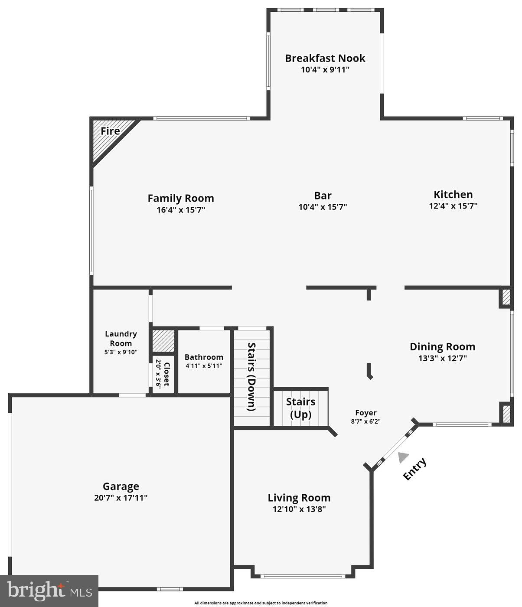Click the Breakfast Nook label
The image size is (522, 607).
pos(325,58)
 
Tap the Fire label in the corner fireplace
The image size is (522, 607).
pos(110,131)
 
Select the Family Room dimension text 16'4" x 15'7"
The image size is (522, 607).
pos(180,210)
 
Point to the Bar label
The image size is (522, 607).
pos(323,196)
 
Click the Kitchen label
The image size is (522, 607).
pos(453,194)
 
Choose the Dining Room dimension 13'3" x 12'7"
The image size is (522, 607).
pos(442,359)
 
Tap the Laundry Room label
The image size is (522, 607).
pos(121,338)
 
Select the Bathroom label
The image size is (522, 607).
pos(204,357)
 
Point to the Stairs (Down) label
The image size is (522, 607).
pos(251,376)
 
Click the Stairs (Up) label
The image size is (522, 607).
pos(300,408)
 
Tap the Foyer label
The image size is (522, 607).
pos(365,413)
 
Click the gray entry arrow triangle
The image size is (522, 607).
pos(403,457)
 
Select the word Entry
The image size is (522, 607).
pos(414,469)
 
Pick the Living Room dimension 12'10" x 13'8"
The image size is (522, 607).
pos(299,509)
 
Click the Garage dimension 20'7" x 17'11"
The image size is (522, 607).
pos(121,498)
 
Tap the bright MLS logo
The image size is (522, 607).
pos(49,591)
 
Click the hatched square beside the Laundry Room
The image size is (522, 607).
pos(163,341)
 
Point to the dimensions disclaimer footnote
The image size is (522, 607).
pos(261,603)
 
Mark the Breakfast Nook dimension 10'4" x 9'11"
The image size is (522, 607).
pos(325,69)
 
